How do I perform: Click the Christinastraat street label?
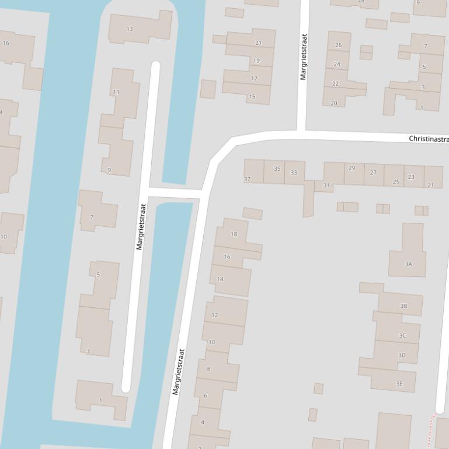pyautogui.click(x=429, y=139)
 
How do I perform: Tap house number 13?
pyautogui.click(x=130, y=29)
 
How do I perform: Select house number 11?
pyautogui.click(x=116, y=92)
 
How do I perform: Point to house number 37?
pyautogui.click(x=247, y=179)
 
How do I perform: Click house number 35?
pyautogui.click(x=277, y=169)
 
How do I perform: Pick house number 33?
pyautogui.click(x=294, y=173)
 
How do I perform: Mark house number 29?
pyautogui.click(x=351, y=168)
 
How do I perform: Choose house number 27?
pyautogui.click(x=373, y=173)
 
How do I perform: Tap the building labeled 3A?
pyautogui.click(x=409, y=264)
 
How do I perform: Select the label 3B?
pyautogui.click(x=403, y=306)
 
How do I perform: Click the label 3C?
pyautogui.click(x=402, y=335)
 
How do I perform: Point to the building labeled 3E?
pyautogui.click(x=399, y=383)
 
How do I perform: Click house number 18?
pyautogui.click(x=234, y=234)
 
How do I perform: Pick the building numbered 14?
pyautogui.click(x=220, y=279)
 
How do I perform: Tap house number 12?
pyautogui.click(x=215, y=315)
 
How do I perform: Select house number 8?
pyautogui.click(x=208, y=369)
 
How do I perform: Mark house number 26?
pyautogui.click(x=338, y=45)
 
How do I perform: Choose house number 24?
pyautogui.click(x=337, y=64)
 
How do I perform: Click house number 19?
pyautogui.click(x=256, y=61)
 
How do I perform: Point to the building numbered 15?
pyautogui.click(x=252, y=96)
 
